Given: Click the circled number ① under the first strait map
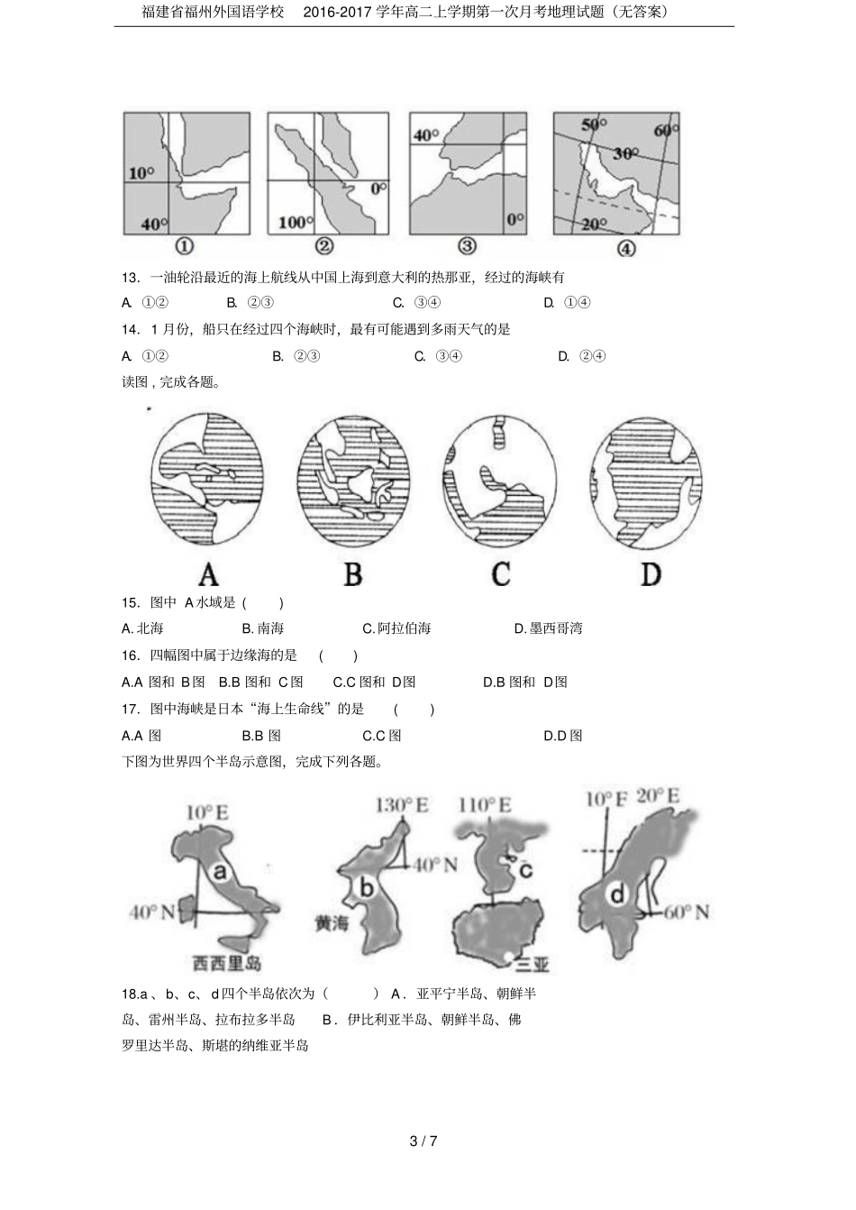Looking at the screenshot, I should [x=184, y=246].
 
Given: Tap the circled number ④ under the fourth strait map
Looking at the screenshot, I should [x=625, y=248].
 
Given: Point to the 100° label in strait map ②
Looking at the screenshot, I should [x=294, y=222].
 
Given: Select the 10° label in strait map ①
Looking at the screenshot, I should [x=141, y=172].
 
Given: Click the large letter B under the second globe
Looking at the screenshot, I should [x=353, y=573].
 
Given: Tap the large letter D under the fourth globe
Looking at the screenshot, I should [x=651, y=574].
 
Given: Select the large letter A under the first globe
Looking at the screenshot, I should [x=208, y=574].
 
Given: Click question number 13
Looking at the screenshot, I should [x=131, y=277].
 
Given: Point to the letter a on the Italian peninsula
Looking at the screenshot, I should [x=219, y=872].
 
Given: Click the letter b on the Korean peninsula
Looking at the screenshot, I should [x=367, y=888].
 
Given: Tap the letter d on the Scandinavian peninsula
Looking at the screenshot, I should [x=616, y=894].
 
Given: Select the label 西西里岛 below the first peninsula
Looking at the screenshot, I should [x=226, y=963].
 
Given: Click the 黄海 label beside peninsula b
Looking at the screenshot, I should [x=331, y=923].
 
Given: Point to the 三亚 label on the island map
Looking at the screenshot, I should [x=532, y=965].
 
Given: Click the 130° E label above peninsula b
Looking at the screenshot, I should [x=402, y=804].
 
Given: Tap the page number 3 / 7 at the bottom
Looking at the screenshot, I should [x=423, y=1141].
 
